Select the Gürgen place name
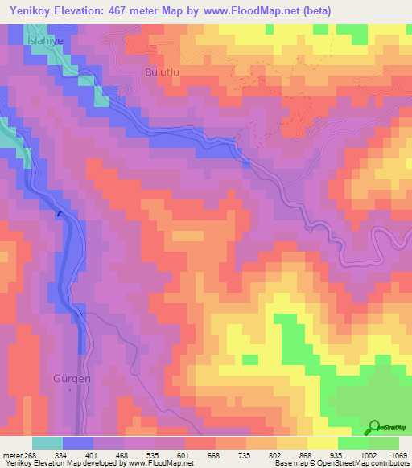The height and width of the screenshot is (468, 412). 68,379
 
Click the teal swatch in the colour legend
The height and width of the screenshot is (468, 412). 47,443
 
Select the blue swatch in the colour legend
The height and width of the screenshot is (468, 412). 78,443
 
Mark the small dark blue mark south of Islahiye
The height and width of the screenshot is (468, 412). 59,214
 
